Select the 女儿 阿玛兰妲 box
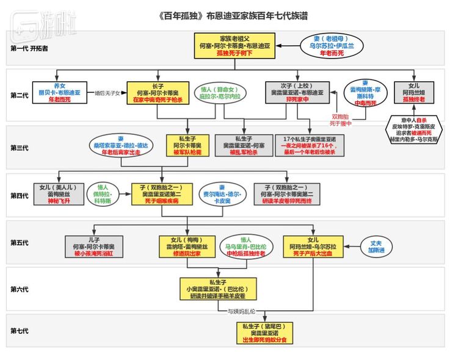[x=409, y=93]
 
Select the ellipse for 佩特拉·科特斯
[x=101, y=194]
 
